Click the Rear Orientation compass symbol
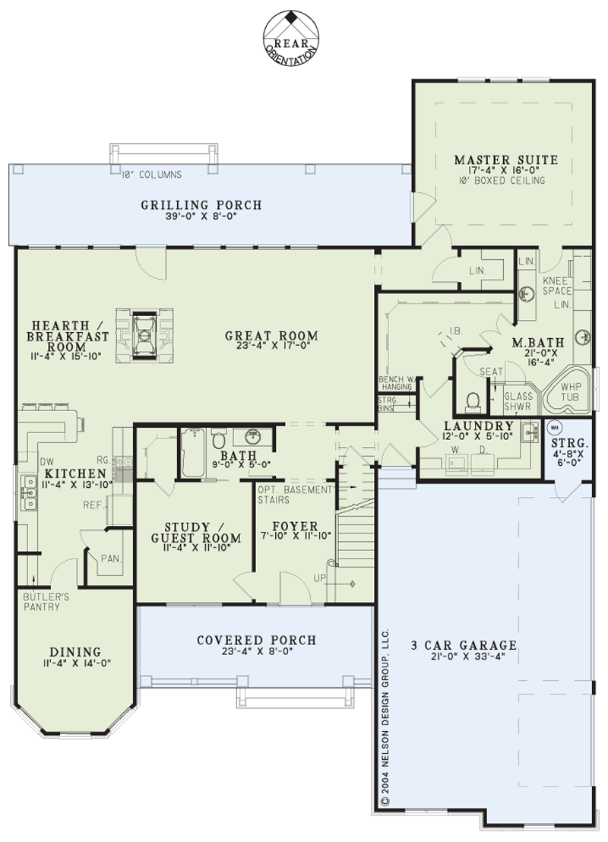tap(290, 37)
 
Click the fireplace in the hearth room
tap(144, 336)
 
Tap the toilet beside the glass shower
tap(473, 401)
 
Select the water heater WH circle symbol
tap(554, 428)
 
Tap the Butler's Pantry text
tap(46, 601)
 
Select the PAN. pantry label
tap(111, 559)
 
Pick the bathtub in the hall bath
tap(192, 452)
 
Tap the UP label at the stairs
tap(319, 578)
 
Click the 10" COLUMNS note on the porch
tap(151, 175)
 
